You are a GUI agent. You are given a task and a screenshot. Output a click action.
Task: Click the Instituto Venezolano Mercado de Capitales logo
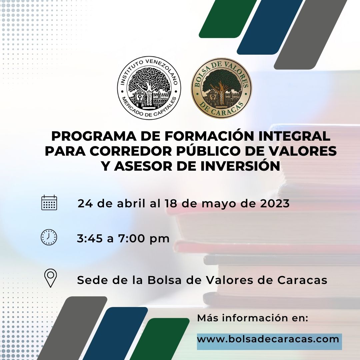pyautogui.click(x=149, y=88)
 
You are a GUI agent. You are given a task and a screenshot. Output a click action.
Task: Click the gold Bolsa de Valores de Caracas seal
pyautogui.click(x=222, y=88)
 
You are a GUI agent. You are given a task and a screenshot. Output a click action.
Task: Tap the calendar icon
pyautogui.click(x=49, y=203)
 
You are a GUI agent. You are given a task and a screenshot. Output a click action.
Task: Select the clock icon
pyautogui.click(x=49, y=237)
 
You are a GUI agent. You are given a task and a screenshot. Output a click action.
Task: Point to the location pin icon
pyautogui.click(x=51, y=278)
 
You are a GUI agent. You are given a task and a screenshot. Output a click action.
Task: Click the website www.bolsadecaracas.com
pyautogui.click(x=268, y=339)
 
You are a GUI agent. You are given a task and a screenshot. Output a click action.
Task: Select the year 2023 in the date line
pyautogui.click(x=275, y=203)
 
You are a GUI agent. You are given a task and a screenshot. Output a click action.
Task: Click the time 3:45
pyautogui.click(x=90, y=238)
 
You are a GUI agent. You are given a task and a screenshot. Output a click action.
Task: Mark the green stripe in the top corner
pyautogui.click(x=228, y=19)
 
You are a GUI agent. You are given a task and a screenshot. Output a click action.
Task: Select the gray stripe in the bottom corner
pyautogui.click(x=72, y=328)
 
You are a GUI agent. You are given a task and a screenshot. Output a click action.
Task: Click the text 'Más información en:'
pyautogui.click(x=253, y=318)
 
